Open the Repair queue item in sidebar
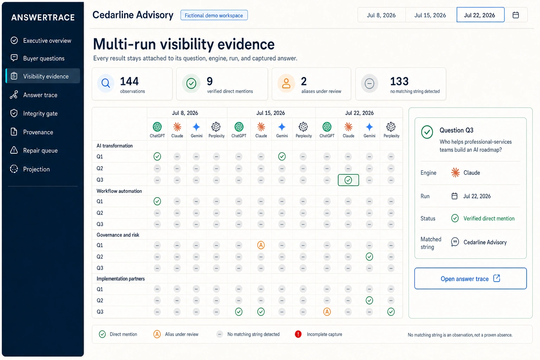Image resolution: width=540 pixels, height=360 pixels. [40, 150]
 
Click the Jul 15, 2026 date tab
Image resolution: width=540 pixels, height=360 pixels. [430, 15]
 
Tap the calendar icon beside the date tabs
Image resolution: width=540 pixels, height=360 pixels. [516, 15]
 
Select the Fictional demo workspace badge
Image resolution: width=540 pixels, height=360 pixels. [214, 15]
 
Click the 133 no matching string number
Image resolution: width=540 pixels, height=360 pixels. [399, 81]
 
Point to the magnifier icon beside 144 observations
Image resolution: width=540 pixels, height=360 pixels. [105, 83]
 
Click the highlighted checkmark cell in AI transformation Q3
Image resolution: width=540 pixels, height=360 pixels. [348, 180]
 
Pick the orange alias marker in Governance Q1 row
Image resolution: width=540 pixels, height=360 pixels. [261, 245]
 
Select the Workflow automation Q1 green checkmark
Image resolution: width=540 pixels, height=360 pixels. [157, 201]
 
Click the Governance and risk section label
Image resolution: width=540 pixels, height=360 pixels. [118, 235]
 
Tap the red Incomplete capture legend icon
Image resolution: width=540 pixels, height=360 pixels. [298, 334]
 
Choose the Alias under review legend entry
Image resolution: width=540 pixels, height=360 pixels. [176, 334]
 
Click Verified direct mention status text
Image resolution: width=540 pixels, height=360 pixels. [489, 218]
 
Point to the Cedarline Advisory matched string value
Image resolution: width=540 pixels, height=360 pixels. [485, 242]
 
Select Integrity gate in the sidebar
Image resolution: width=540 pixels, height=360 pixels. [40, 113]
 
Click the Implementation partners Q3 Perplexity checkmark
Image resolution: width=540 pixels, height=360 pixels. [391, 312]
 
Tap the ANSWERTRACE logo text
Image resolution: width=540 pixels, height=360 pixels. [43, 17]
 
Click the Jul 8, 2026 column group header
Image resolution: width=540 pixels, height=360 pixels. [185, 113]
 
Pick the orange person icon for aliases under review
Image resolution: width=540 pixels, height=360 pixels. [286, 83]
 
